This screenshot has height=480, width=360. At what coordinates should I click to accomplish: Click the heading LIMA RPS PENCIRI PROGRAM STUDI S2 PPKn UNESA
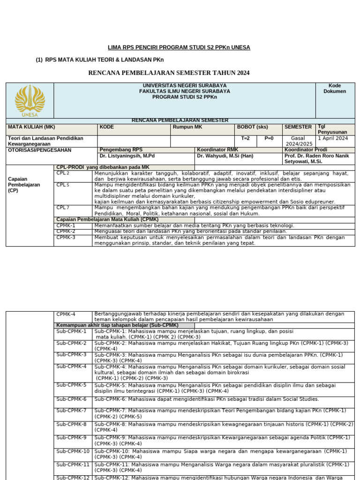pyautogui.click(x=179, y=48)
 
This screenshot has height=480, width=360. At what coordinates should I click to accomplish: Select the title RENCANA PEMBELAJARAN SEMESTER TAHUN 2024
pyautogui.click(x=169, y=73)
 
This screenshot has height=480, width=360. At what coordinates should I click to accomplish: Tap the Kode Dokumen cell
pyautogui.click(x=335, y=89)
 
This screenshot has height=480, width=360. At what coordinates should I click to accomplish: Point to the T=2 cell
pyautogui.click(x=246, y=138)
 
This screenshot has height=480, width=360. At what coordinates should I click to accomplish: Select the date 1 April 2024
pyautogui.click(x=333, y=138)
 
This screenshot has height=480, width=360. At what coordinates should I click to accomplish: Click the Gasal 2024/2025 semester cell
pyautogui.click(x=298, y=141)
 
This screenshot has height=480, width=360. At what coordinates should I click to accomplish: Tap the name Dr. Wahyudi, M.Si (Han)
pyautogui.click(x=225, y=156)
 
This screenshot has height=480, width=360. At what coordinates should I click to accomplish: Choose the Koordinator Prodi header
pyautogui.click(x=306, y=150)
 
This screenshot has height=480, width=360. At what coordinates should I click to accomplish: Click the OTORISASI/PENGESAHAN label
pyautogui.click(x=40, y=150)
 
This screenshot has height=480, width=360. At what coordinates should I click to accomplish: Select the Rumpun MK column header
pyautogui.click(x=187, y=127)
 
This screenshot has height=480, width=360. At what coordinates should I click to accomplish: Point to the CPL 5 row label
pyautogui.click(x=63, y=185)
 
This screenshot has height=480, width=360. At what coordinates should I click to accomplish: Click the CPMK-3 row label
pyautogui.click(x=66, y=237)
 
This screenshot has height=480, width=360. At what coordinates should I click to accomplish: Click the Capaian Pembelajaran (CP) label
pyautogui.click(x=24, y=185)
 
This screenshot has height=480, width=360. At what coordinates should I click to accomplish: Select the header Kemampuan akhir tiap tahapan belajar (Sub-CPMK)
pyautogui.click(x=117, y=325)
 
